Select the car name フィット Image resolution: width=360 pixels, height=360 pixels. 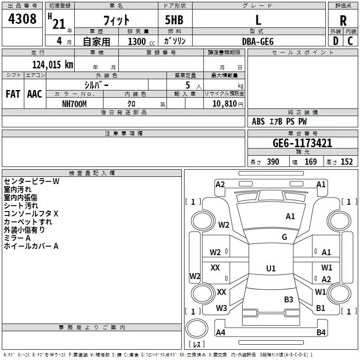click(116, 20)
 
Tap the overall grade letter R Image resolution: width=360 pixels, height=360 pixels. click(343, 21)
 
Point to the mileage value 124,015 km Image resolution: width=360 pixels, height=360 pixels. click(53, 64)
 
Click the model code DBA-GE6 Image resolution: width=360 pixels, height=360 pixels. click(257, 41)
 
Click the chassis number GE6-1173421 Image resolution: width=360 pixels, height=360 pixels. click(302, 144)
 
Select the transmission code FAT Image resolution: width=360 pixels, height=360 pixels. click(13, 94)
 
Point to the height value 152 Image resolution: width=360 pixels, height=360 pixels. click(346, 162)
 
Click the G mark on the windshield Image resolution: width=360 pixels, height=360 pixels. click(284, 237)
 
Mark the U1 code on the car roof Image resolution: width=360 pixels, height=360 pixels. click(271, 269)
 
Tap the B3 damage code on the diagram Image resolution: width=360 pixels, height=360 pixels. click(288, 299)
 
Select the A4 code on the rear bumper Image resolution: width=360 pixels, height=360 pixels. click(220, 333)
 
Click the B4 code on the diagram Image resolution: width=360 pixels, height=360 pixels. click(321, 333)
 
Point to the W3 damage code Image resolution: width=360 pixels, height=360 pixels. click(221, 308)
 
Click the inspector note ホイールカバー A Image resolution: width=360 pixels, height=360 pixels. click(31, 246)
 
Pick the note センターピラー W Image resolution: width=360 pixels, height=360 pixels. click(31, 181)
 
